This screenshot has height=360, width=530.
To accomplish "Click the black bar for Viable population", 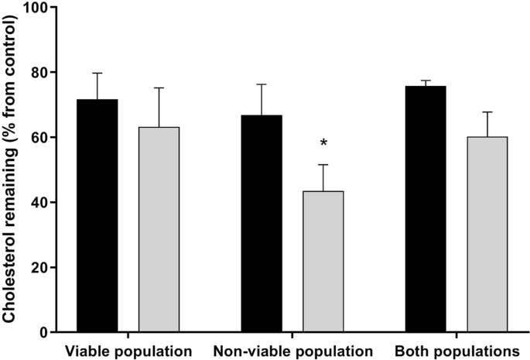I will tap(97, 216).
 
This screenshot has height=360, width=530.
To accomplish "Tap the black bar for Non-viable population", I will tap(262, 224).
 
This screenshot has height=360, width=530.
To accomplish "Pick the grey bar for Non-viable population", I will tap(323, 262).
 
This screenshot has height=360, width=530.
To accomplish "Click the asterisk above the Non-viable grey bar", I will tap(323, 143).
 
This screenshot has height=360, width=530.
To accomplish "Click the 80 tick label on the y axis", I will tap(39, 73).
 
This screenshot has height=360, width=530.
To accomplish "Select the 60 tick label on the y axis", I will tap(39, 138).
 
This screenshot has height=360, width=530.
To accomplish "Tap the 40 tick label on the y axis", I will tap(39, 203).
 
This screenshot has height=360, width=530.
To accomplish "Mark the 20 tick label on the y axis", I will tap(39, 268).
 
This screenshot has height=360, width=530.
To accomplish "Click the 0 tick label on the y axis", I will tap(43, 333).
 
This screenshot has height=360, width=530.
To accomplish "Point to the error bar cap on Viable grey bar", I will tap(159, 87).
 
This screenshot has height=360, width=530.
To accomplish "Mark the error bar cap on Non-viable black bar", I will tap(262, 84).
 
